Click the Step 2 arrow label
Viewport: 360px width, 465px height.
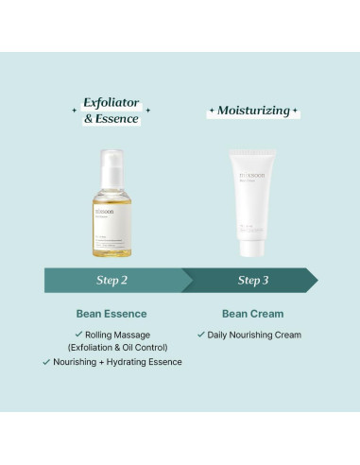(111, 280)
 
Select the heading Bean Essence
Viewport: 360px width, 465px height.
(111, 313)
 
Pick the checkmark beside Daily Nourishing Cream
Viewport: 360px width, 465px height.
(200, 335)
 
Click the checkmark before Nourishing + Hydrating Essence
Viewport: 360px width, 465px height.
(45, 361)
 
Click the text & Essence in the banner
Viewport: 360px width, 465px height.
(111, 119)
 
